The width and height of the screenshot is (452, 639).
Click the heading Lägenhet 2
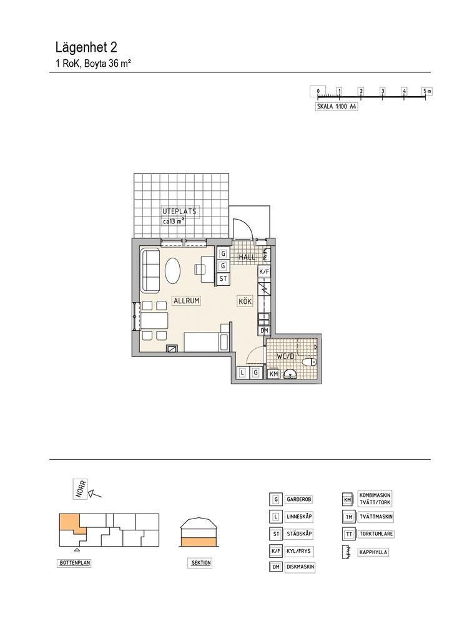point(86,47)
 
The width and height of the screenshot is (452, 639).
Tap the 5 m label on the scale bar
point(426,91)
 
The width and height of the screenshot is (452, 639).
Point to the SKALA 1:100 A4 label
point(337,107)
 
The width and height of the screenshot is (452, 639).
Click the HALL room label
point(247,257)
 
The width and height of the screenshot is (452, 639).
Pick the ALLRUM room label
point(186,301)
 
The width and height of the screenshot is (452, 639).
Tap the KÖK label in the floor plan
point(245,301)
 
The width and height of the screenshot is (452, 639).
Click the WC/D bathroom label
point(285,356)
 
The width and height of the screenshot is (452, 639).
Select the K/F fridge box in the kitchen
point(263,271)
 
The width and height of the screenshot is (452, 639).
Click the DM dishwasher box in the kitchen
point(264,331)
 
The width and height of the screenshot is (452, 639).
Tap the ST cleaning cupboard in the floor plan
point(222,279)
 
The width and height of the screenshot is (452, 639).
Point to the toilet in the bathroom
point(310,362)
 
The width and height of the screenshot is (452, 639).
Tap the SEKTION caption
point(201,563)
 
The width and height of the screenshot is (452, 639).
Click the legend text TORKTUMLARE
point(376,534)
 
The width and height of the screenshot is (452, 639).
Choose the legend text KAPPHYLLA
point(373,553)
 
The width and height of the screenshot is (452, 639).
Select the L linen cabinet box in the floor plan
point(242,372)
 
